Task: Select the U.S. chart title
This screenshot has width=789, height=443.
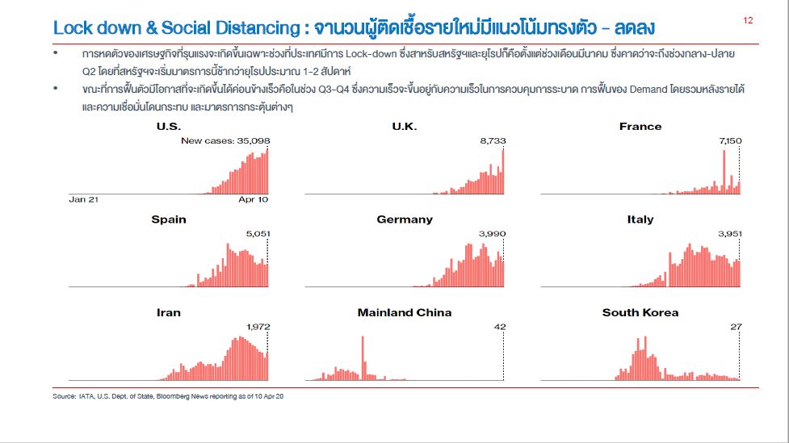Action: point(169,126)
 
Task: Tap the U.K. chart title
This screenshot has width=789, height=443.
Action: point(404,126)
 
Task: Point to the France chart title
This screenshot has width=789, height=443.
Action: point(640,126)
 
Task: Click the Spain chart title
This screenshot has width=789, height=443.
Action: point(169,219)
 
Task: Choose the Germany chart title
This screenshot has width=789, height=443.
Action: point(405,219)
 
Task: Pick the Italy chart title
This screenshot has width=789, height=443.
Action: point(640,219)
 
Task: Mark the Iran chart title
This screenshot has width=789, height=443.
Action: point(169,312)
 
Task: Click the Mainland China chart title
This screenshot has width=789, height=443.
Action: point(405,312)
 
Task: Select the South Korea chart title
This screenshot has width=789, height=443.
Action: point(640,312)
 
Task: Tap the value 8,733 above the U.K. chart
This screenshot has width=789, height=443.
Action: point(493,140)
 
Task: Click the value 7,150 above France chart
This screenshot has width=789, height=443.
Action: point(729,140)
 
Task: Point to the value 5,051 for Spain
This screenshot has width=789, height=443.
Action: point(258,233)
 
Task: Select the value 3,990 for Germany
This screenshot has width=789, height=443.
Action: point(492,233)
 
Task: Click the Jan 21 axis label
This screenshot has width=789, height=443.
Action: point(83,199)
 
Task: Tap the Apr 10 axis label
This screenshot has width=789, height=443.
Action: point(254,199)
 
